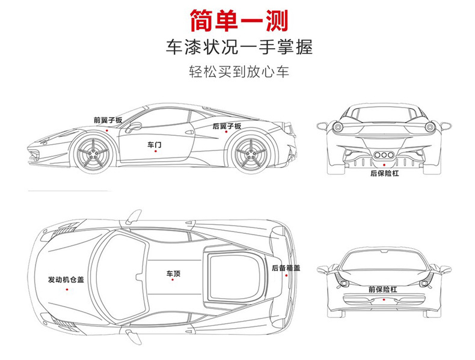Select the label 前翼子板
pos(108,120)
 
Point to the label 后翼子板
pos(227,126)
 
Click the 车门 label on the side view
pos(155,145)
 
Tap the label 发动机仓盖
pos(67,280)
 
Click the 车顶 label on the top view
pos(173,274)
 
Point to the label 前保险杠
pos(383,290)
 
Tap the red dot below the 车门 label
pos(155,151)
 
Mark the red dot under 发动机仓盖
pos(67,289)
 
